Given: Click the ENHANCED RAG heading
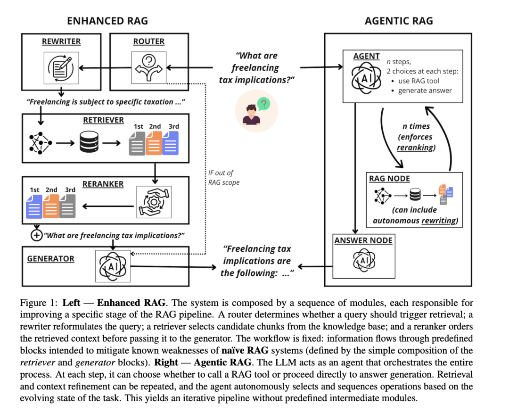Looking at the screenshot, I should [x=107, y=21].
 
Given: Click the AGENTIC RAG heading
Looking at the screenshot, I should [x=399, y=21].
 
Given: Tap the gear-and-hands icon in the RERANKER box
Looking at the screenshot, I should [x=154, y=202].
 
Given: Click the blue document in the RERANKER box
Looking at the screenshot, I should [x=34, y=206].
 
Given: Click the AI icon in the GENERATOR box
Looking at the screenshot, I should [x=113, y=267].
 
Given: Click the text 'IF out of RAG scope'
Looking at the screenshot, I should [x=223, y=178].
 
